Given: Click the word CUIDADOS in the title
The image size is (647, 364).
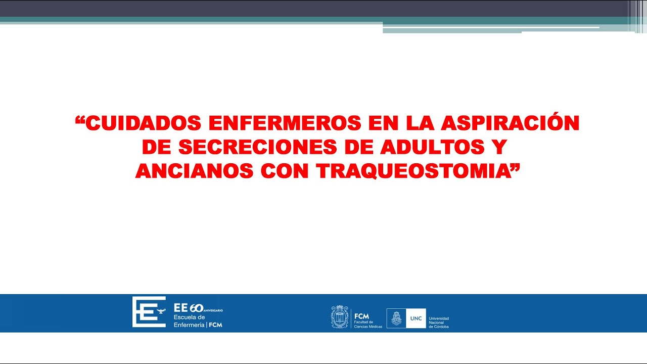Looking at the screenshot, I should (x=143, y=123).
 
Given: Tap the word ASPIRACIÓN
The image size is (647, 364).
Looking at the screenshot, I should (x=511, y=123).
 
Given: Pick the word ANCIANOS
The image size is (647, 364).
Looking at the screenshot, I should (x=194, y=171).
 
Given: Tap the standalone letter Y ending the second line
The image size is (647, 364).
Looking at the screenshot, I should (x=499, y=147).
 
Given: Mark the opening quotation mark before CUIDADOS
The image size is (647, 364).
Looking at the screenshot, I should (x=79, y=120).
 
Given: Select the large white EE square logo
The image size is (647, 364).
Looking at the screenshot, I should (x=149, y=311).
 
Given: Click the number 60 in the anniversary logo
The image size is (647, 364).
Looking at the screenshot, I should (x=196, y=308).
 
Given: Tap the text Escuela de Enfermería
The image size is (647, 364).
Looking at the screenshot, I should (x=190, y=321).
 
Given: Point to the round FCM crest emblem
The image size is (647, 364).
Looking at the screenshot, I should (x=340, y=317).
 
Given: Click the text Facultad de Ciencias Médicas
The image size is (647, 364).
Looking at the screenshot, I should (x=368, y=324).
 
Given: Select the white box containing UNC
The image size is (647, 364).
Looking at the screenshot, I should (x=416, y=318).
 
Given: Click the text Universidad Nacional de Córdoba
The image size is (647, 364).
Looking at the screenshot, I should (x=438, y=323).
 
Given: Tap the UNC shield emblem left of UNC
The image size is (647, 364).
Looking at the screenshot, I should (x=396, y=318).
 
